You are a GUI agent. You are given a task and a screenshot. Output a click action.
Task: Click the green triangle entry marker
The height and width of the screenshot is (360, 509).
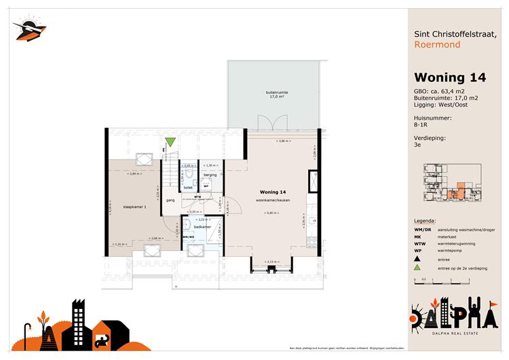pyautogui.click(x=170, y=143)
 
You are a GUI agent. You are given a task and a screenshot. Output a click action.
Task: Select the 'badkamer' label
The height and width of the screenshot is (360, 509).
pyautogui.click(x=201, y=226)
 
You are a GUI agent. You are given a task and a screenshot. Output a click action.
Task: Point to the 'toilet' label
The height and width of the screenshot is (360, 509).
pyautogui.click(x=188, y=186)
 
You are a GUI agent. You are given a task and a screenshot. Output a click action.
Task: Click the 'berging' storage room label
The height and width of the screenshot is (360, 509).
pyautogui.click(x=210, y=175)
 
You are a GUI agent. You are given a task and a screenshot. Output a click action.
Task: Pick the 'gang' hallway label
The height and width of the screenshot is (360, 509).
pyautogui.click(x=171, y=201)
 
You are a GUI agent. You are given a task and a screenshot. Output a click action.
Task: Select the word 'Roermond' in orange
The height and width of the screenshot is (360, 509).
pyautogui.click(x=437, y=45)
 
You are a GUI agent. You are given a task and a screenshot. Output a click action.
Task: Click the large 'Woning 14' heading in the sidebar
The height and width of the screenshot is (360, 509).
pyautogui.click(x=450, y=77)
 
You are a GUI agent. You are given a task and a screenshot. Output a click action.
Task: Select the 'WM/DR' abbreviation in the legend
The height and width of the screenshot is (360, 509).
pyautogui.click(x=423, y=230)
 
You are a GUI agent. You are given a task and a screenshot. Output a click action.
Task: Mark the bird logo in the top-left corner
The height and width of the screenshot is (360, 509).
pyautogui.click(x=29, y=29)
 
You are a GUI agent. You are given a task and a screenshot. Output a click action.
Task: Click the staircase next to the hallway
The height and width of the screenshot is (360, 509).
pyautogui.click(x=169, y=170)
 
